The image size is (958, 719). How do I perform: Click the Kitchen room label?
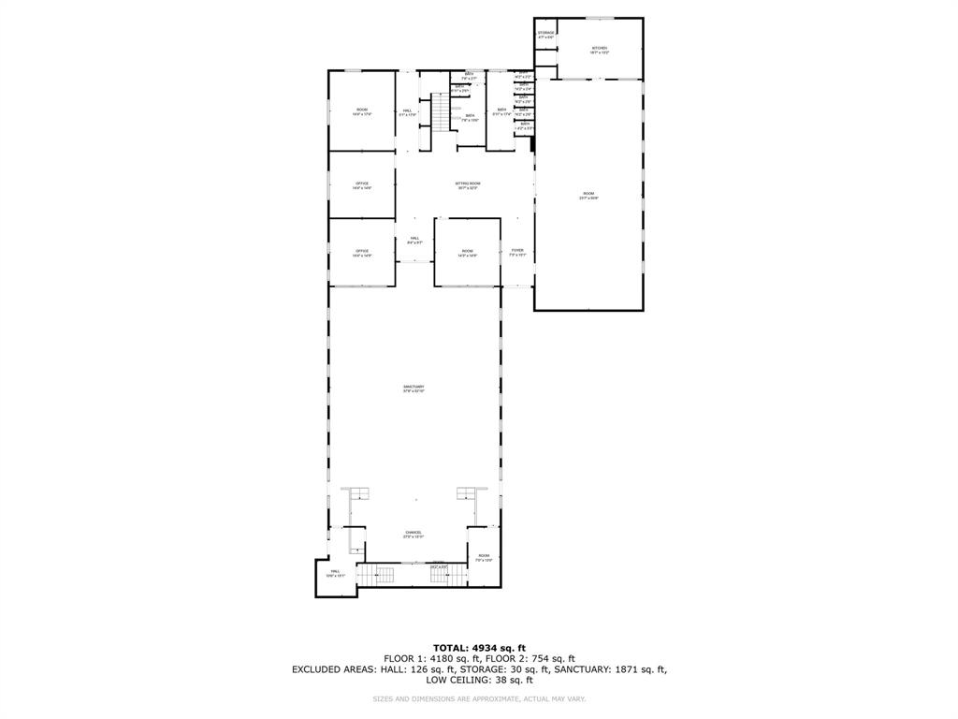[599, 49]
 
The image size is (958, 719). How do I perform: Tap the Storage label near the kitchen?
[546, 34]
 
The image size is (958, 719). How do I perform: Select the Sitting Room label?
[467, 184]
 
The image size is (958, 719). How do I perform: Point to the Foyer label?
[517, 252]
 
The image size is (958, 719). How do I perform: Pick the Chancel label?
[414, 534]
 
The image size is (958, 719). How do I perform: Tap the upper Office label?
[361, 184]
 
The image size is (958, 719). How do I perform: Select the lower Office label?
[361, 253]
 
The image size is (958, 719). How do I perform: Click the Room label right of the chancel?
[484, 557]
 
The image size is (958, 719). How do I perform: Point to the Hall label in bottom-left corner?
[335, 573]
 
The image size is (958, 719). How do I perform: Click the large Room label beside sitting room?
[588, 195]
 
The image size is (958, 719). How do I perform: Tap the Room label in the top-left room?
[361, 112]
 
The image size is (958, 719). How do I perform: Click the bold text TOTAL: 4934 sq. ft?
[479, 648]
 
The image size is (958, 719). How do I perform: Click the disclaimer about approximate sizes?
[479, 698]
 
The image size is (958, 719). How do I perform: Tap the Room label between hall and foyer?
[467, 253]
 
